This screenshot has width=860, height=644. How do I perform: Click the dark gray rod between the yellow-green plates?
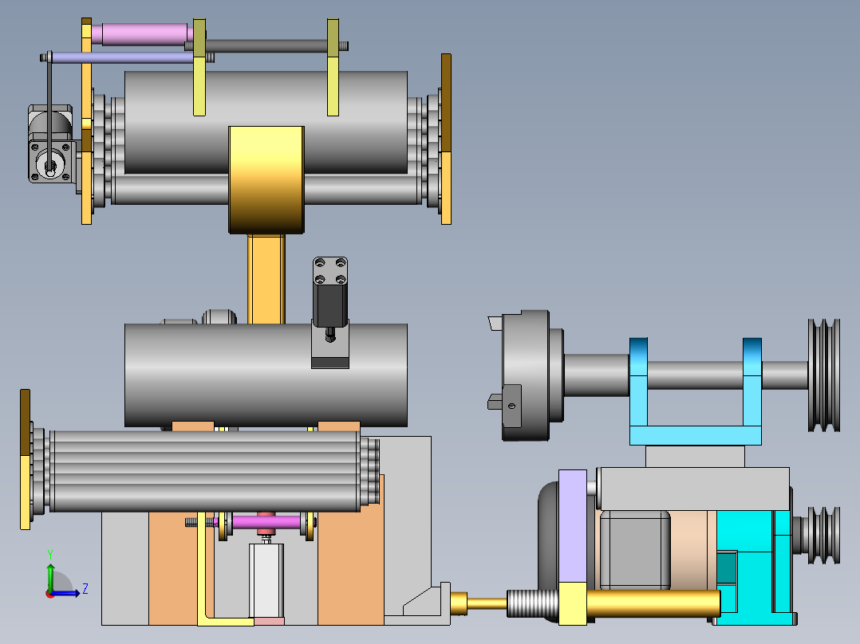click(x=266, y=46)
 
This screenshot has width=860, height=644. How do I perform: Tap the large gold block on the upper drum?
click(x=266, y=180)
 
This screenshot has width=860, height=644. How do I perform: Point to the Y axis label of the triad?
click(x=50, y=554)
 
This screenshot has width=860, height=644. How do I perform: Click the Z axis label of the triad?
click(x=85, y=589)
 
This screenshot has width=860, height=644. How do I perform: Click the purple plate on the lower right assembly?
click(x=573, y=525)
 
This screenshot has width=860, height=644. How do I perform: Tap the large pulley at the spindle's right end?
click(x=824, y=375)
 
